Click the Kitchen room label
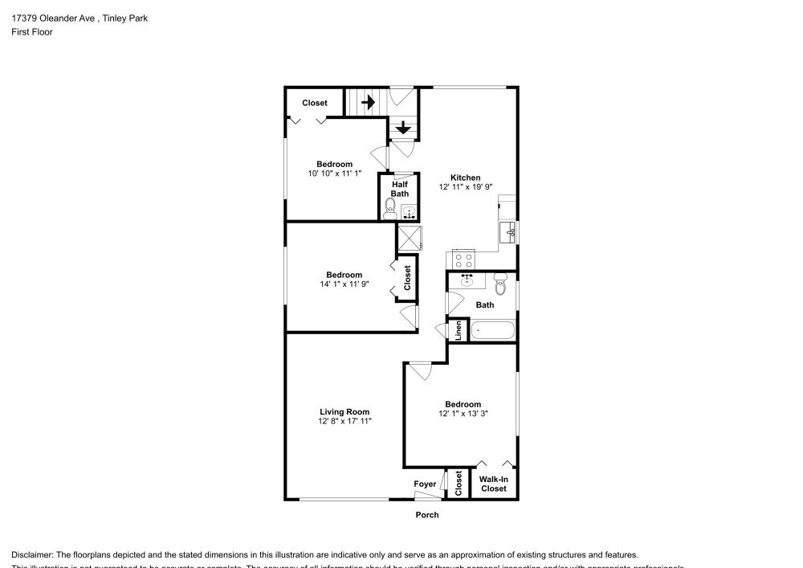click(465, 178)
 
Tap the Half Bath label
click(399, 189)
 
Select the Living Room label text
click(344, 411)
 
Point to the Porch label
click(427, 515)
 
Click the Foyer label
click(425, 484)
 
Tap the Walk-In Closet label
click(493, 484)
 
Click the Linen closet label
click(459, 330)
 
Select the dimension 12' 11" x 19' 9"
click(465, 187)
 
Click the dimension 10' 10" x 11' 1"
click(334, 174)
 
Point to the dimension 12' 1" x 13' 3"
click(463, 414)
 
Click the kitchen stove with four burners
click(463, 259)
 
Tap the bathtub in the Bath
click(492, 329)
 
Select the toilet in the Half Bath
click(390, 211)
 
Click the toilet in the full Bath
click(500, 283)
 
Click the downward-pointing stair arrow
click(403, 127)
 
